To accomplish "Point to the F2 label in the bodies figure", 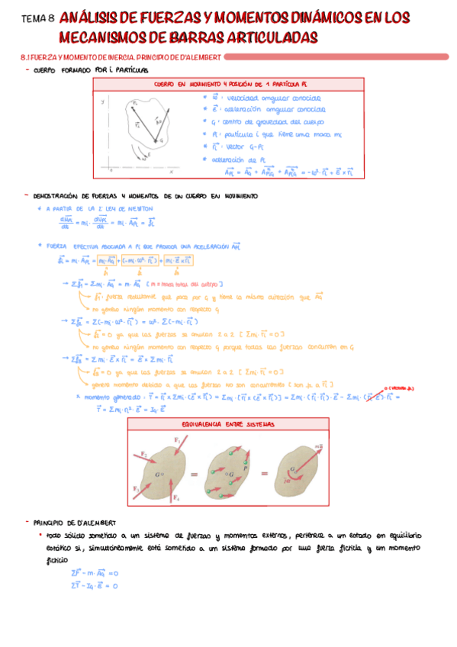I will tap(143, 455).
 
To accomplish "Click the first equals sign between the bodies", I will tap(195, 473).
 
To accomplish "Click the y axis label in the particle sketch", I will tap(102, 101).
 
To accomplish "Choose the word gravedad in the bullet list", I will tap(281, 122).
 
